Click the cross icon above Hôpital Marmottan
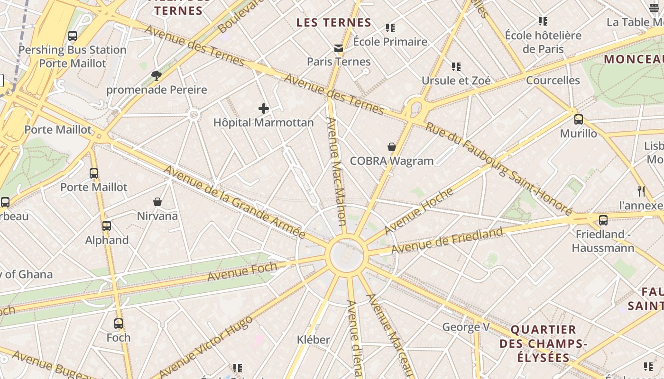point(264,109)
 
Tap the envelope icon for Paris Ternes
point(339,48)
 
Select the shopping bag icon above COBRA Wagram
point(392,147)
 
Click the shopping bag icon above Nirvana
point(157,202)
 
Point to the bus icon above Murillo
point(579,119)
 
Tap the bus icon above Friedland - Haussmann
point(603,220)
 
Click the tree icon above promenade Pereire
point(157,76)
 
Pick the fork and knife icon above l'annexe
point(641,191)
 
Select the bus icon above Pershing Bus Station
point(73,36)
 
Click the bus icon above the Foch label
point(119,324)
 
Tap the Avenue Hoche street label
point(419,211)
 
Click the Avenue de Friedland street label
point(447,241)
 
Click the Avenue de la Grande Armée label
point(234,202)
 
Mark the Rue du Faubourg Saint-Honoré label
point(499,168)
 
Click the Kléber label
point(313,340)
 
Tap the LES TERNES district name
point(334,23)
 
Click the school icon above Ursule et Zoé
point(456,67)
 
